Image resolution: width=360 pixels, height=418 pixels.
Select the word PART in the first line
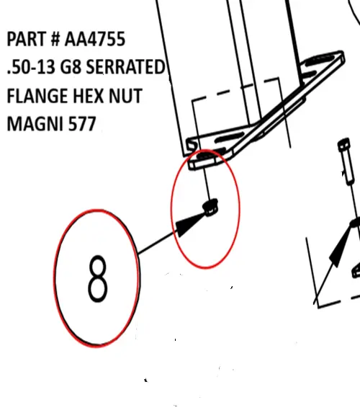click(x=26, y=39)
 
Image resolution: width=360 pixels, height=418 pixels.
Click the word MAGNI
click(x=32, y=124)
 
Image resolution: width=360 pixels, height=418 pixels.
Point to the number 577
click(x=79, y=124)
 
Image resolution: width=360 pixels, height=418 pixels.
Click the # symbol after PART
click(x=52, y=39)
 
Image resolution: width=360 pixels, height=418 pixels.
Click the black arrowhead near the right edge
click(x=340, y=252)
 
